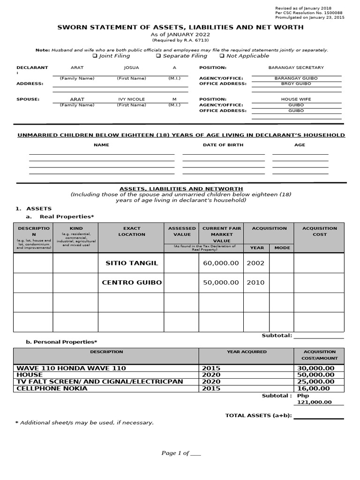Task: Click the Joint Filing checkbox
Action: pos(95,56)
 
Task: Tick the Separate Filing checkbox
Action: pos(158,56)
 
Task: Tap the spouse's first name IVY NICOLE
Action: pos(131,99)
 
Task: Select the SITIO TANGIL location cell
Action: pos(132,263)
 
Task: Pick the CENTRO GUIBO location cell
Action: pos(132,283)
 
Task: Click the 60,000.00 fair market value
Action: pos(221,263)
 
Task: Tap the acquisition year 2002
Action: pos(256,263)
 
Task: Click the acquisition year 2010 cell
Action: pos(256,283)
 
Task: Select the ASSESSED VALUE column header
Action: pos(182,231)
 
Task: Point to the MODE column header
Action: pos(282,247)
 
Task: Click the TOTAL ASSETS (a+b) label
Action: pos(258,415)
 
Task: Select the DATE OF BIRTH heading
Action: pos(223,145)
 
